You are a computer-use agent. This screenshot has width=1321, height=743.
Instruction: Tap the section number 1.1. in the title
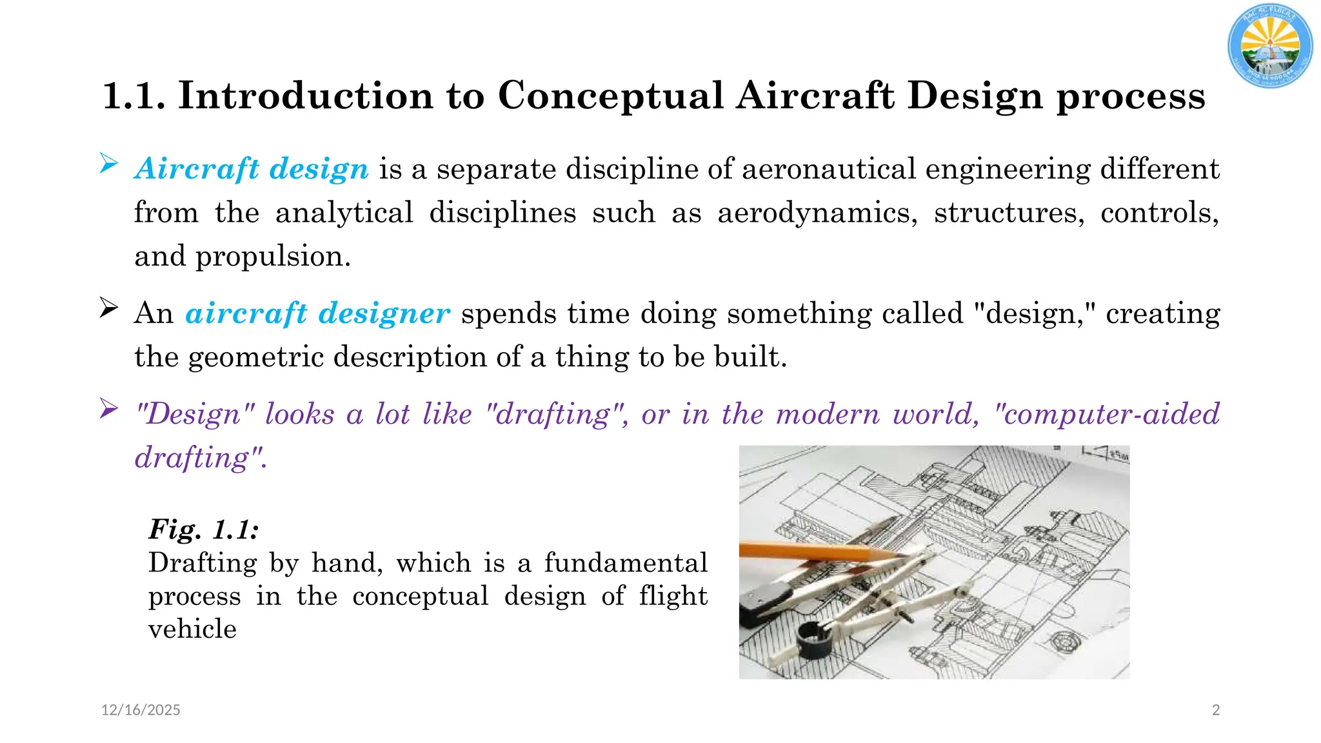click(x=134, y=95)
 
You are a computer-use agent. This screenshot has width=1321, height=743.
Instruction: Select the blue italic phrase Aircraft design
click(x=252, y=169)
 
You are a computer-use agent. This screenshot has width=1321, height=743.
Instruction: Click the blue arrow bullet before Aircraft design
click(x=108, y=164)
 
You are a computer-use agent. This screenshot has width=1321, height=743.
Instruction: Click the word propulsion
click(x=272, y=257)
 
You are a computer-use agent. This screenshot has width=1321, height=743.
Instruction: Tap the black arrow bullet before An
click(x=108, y=308)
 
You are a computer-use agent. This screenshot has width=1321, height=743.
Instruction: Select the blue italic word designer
click(x=384, y=313)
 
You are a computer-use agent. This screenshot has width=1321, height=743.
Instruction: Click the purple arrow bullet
click(x=108, y=408)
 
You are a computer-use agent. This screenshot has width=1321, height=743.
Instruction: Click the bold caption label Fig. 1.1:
click(x=204, y=530)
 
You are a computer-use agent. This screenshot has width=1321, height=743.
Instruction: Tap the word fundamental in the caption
click(x=626, y=563)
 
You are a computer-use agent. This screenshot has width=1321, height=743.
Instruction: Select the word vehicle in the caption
click(x=192, y=629)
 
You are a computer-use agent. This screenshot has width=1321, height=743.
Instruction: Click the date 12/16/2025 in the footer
click(x=141, y=710)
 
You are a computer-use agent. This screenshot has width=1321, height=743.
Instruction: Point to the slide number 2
click(x=1216, y=710)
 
